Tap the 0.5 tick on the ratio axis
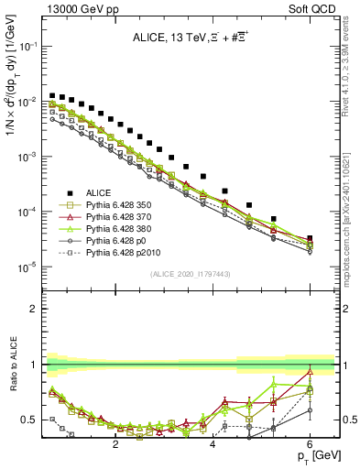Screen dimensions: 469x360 pyautogui.click(x=31, y=420)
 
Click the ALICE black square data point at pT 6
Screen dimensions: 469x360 pyautogui.click(x=310, y=239)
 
